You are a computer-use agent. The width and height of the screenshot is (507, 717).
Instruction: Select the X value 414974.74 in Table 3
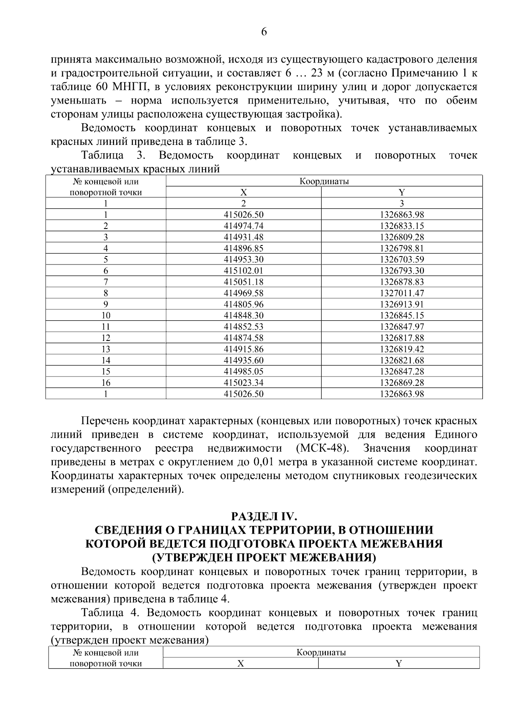click(243, 226)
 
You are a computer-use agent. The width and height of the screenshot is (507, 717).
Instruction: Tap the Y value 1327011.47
click(402, 293)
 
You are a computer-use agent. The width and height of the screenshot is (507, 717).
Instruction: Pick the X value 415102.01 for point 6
click(243, 271)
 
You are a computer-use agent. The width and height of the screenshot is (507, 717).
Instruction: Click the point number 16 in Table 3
click(106, 383)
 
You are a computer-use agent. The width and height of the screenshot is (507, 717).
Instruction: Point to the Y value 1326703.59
click(402, 259)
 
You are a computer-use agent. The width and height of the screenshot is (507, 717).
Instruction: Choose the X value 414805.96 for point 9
click(243, 304)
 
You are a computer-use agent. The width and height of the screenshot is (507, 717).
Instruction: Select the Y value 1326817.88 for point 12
click(402, 338)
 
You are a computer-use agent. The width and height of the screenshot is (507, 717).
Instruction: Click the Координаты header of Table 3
click(324, 182)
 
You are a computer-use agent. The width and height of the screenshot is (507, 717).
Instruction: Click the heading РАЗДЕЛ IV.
click(264, 516)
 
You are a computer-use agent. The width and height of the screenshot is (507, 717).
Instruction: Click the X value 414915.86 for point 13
click(243, 349)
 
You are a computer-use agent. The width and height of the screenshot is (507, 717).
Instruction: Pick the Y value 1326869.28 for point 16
click(402, 383)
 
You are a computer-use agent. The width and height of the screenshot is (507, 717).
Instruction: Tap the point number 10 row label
click(106, 316)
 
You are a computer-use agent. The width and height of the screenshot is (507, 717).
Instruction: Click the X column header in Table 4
click(240, 663)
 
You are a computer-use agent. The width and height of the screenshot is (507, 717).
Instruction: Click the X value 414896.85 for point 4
click(243, 248)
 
